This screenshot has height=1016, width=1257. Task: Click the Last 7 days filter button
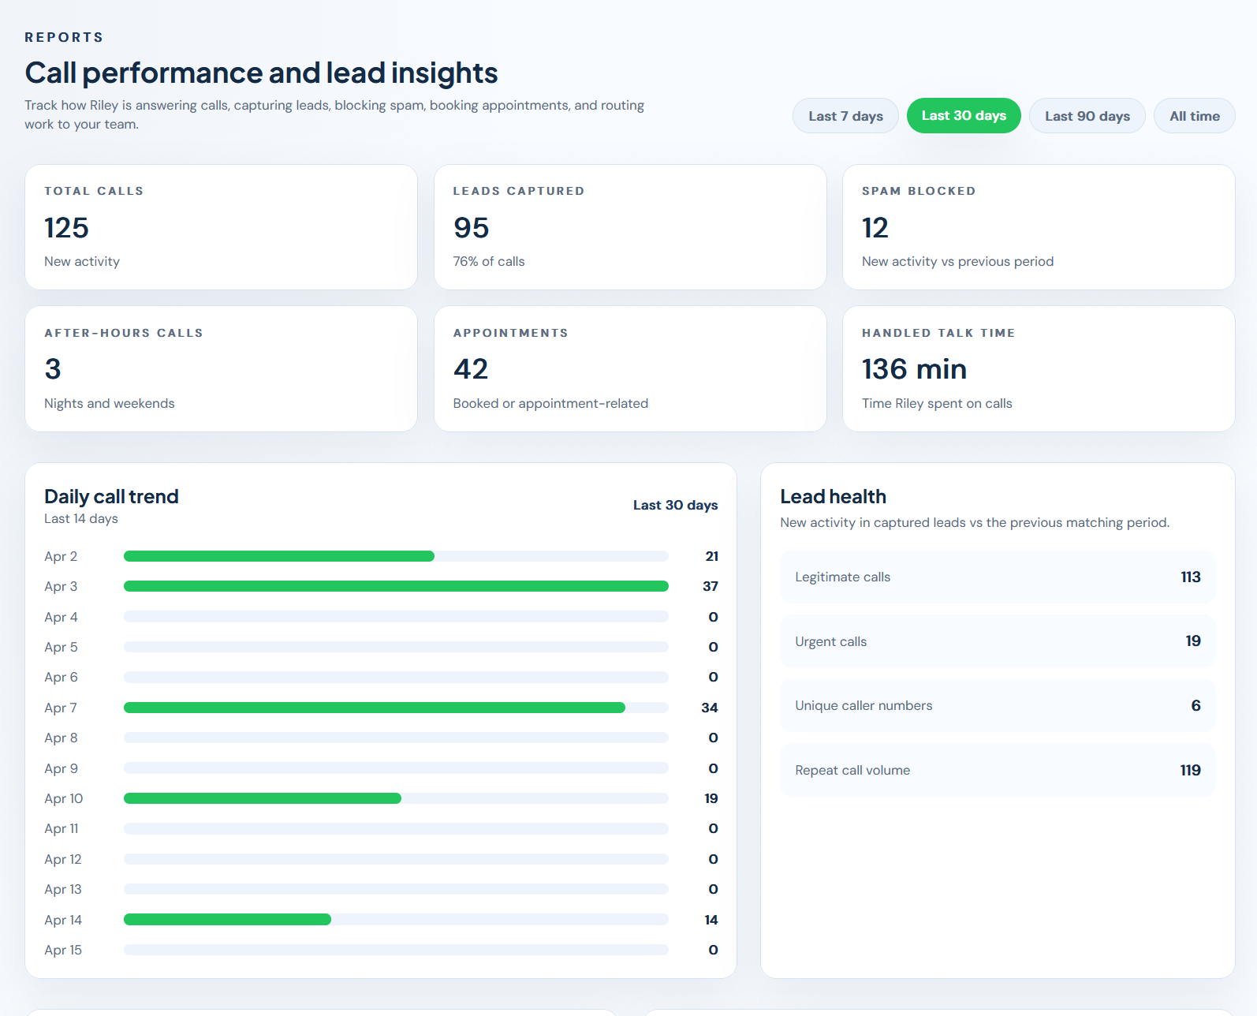(x=845, y=116)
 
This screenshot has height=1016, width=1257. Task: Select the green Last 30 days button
(x=964, y=116)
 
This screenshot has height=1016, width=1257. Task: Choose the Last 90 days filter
(x=1087, y=116)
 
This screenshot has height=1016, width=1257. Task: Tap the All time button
(x=1194, y=116)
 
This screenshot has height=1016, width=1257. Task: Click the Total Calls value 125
(x=66, y=228)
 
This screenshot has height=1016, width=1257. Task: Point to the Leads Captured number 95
(x=471, y=228)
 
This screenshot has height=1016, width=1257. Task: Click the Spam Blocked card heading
(x=919, y=191)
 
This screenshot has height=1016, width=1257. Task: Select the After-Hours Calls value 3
(x=53, y=369)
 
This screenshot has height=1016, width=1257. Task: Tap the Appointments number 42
(x=471, y=369)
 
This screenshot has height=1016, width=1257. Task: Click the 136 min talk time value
(x=914, y=369)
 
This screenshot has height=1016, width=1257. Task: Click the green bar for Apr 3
(x=396, y=586)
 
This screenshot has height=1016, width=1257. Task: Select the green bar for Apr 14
(x=227, y=920)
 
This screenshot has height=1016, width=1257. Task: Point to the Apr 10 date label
(x=63, y=798)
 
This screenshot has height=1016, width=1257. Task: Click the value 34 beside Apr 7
(x=709, y=708)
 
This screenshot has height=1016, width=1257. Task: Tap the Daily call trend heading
(x=111, y=496)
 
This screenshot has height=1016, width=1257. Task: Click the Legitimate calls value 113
(x=1190, y=577)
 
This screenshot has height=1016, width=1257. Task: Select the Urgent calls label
(x=830, y=641)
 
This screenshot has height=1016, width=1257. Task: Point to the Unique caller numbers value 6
(x=1195, y=706)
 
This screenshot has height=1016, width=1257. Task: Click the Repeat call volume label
(x=852, y=770)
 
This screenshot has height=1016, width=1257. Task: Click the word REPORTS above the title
(x=64, y=37)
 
